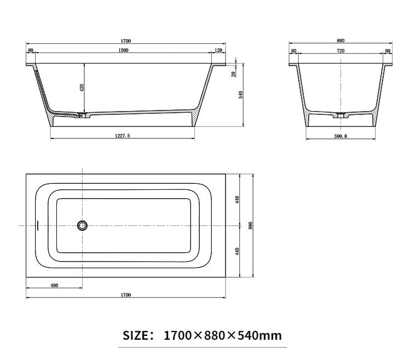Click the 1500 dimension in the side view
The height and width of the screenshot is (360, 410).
[124, 51]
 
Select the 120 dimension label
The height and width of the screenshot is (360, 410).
[218, 51]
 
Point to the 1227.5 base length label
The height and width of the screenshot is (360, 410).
[122, 137]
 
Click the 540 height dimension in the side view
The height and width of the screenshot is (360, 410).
[241, 94]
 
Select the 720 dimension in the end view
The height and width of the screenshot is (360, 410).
[340, 51]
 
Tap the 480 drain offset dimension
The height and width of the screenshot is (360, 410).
[54, 285]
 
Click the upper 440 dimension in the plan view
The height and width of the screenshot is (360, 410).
[238, 200]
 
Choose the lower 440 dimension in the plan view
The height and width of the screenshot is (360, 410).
[238, 251]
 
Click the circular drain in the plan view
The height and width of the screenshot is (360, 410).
[82, 225]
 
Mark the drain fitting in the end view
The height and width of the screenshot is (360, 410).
[340, 115]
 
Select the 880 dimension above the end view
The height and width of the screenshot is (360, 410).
[340, 40]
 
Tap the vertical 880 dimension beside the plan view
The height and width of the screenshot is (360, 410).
[251, 225]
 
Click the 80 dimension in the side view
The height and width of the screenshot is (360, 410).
[31, 51]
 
